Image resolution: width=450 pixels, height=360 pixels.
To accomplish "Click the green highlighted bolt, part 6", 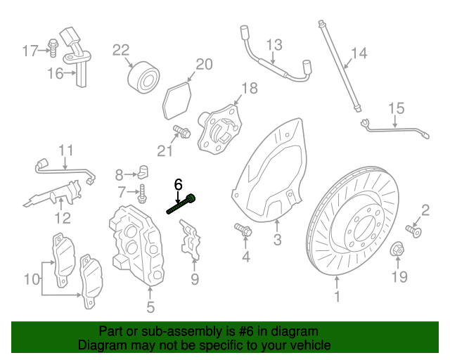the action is point(181,204).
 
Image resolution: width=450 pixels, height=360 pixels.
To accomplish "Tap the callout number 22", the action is point(121,50).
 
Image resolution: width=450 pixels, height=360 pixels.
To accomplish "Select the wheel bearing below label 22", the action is point(143,77).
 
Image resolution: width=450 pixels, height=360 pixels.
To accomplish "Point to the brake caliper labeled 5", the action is point(136,245).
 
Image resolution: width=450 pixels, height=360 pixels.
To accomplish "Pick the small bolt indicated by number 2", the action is point(413,231).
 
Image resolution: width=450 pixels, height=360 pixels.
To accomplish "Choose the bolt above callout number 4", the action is point(243,229).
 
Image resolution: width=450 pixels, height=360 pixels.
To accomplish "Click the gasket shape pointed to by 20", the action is point(176,101).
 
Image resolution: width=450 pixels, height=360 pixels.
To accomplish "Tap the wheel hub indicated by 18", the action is point(220,129).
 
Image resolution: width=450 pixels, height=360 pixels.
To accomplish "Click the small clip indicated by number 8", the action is point(143,172).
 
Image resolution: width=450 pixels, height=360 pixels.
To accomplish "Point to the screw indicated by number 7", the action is point(142,194).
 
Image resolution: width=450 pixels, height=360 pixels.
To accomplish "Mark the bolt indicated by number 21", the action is point(181,131).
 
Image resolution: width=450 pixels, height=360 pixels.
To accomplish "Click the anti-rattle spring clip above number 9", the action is point(190,240).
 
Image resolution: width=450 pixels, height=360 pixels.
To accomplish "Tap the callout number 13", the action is point(274,45).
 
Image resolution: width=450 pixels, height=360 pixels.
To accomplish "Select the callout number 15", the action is point(397,108).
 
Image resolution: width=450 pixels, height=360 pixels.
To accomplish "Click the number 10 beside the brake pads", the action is point(32,279).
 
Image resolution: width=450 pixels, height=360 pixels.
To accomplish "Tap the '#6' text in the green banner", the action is point(246,331).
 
